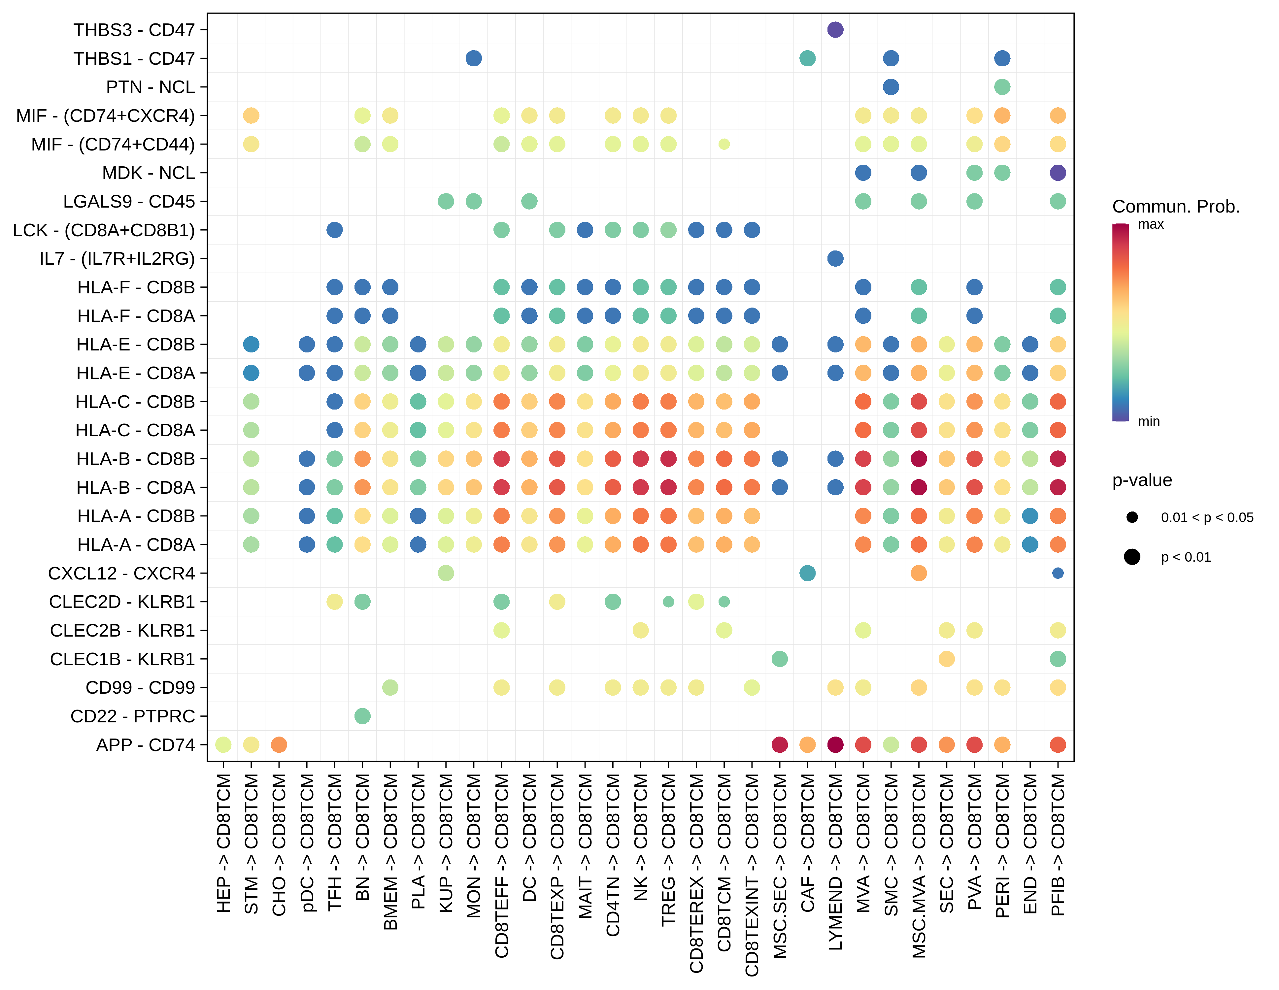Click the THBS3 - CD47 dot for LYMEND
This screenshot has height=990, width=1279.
[835, 30]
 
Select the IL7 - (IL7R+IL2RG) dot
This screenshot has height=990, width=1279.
[835, 258]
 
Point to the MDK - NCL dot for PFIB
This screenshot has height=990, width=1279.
[1058, 173]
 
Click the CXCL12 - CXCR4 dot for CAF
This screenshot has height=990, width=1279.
[807, 573]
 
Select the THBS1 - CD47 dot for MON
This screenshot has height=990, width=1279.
[474, 58]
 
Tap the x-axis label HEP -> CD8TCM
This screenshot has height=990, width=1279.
[223, 843]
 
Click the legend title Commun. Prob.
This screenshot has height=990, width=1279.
[1175, 207]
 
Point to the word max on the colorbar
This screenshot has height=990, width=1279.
[1150, 224]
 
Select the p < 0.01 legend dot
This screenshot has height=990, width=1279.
[1132, 557]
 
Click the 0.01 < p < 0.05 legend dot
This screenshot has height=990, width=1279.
[1132, 517]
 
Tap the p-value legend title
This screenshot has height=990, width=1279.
[1141, 480]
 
